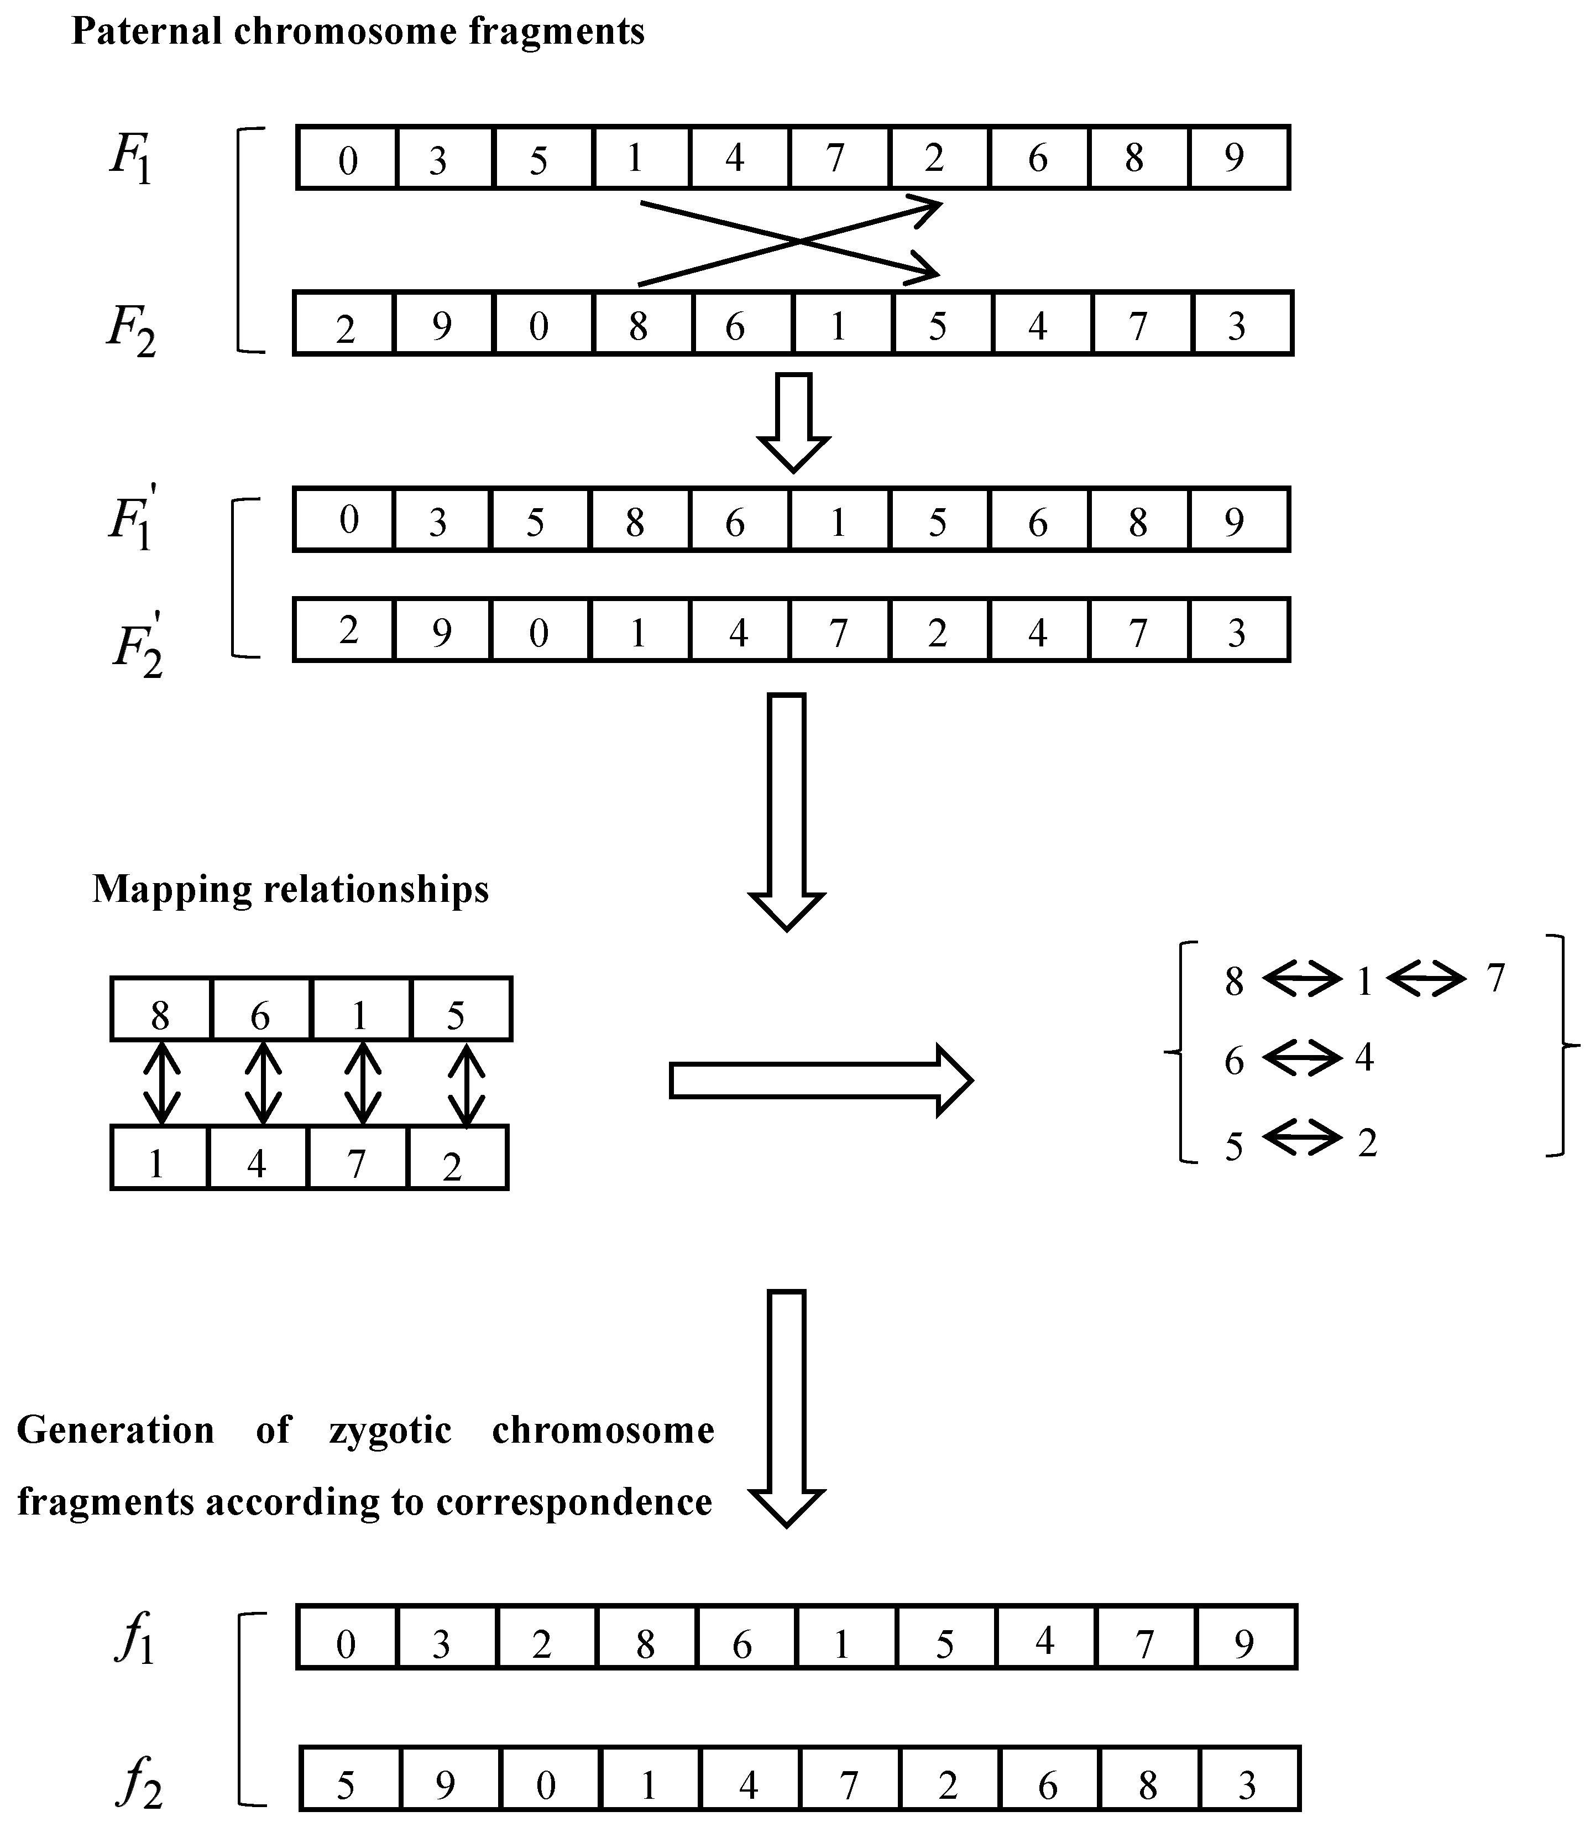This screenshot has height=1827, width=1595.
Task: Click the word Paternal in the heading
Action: click(147, 32)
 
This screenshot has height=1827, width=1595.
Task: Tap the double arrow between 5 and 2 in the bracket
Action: click(1301, 1138)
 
